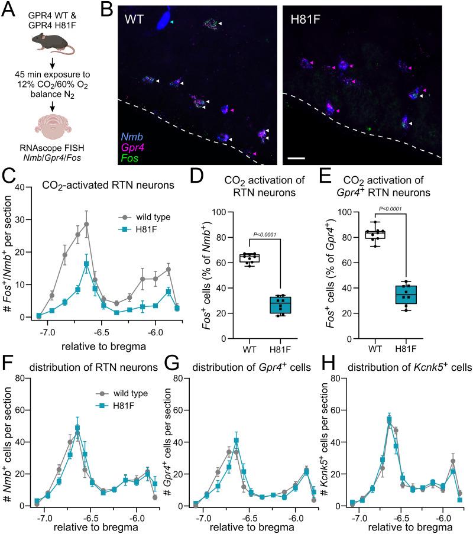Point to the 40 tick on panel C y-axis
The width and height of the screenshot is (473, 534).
(24, 187)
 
